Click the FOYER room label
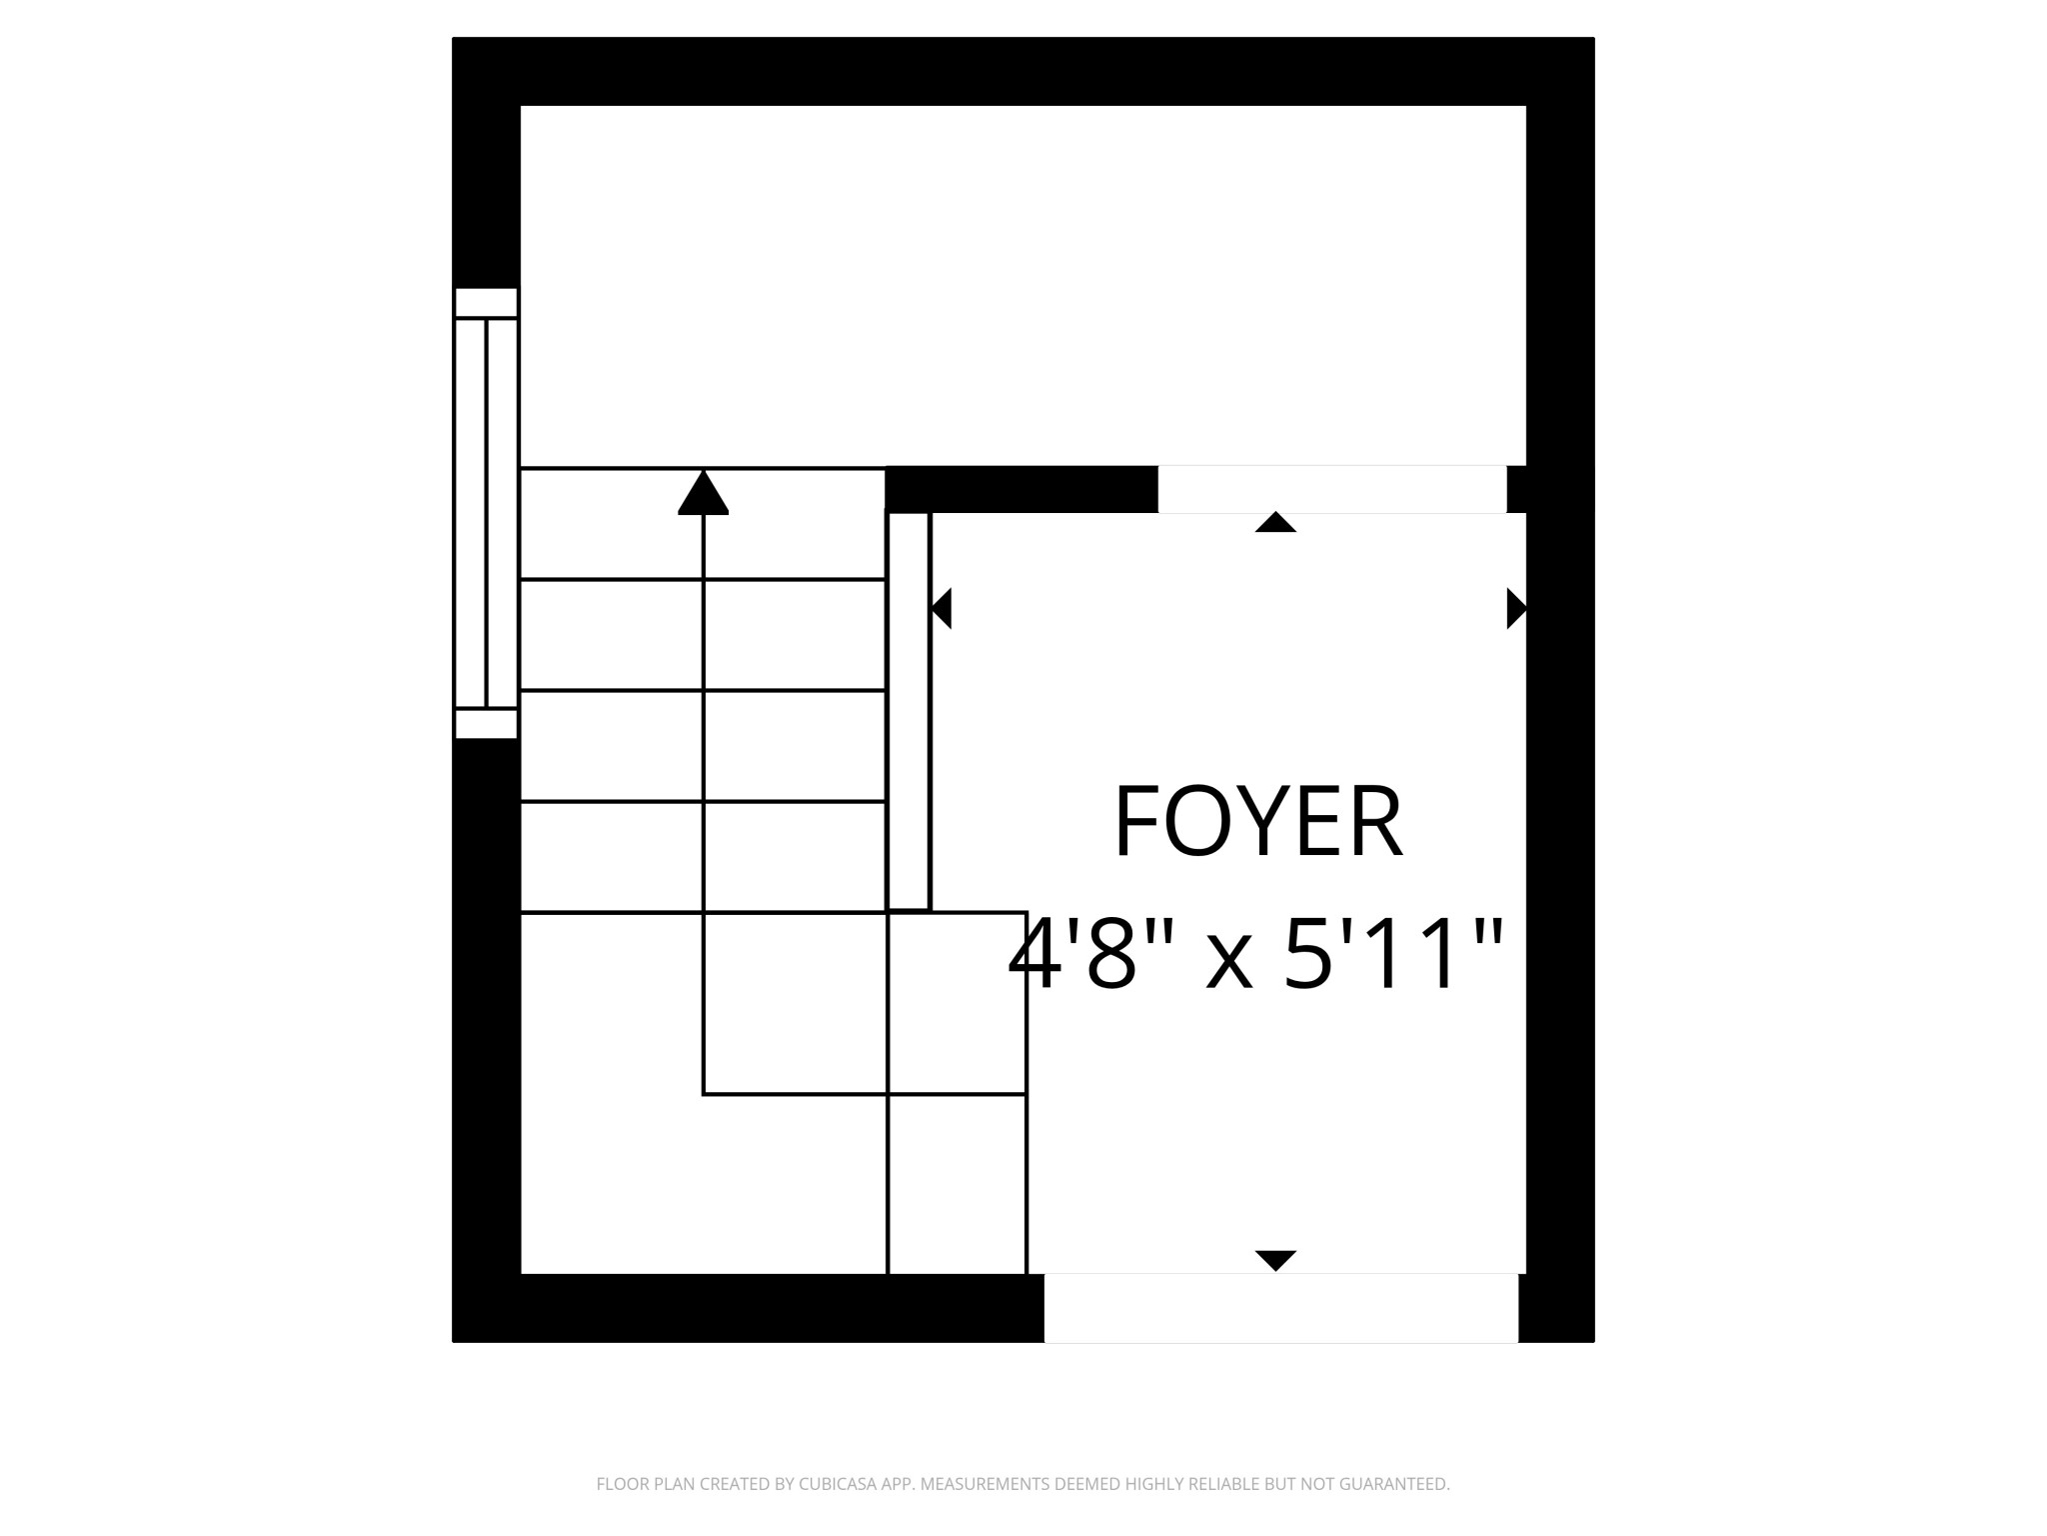pyautogui.click(x=1257, y=821)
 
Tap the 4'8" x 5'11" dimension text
pyautogui.click(x=1256, y=954)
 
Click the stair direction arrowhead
pyautogui.click(x=704, y=492)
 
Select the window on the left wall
pyautogui.click(x=486, y=513)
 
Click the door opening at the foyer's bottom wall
pyautogui.click(x=1281, y=1308)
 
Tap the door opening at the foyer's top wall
pyautogui.click(x=1332, y=489)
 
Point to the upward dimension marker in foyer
pyautogui.click(x=1275, y=522)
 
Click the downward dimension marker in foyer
pyautogui.click(x=1275, y=1260)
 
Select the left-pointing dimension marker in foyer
pyautogui.click(x=941, y=608)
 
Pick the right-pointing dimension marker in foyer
pyautogui.click(x=1516, y=608)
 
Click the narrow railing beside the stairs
pyautogui.click(x=909, y=711)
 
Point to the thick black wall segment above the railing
pyautogui.click(x=1022, y=489)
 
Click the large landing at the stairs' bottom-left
pyautogui.click(x=704, y=1093)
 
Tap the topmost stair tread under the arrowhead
pyautogui.click(x=704, y=523)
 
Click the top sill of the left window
pyautogui.click(x=486, y=303)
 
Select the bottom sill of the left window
pyautogui.click(x=486, y=724)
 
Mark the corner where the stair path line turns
pyautogui.click(x=704, y=1094)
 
